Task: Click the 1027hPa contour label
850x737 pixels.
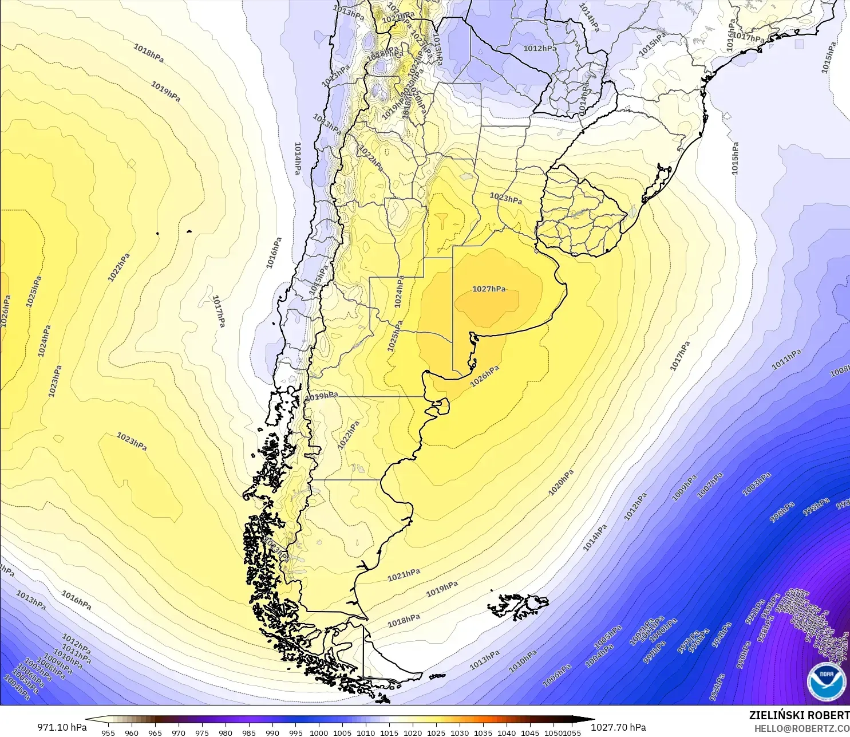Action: (489, 289)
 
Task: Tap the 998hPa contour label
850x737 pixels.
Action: (782, 512)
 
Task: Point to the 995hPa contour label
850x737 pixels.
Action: (816, 506)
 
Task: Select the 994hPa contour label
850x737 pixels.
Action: (722, 635)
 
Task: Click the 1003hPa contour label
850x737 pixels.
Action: (757, 484)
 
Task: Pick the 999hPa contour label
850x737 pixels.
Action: (654, 652)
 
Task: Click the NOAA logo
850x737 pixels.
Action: (826, 681)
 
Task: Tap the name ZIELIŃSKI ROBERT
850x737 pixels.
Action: (799, 716)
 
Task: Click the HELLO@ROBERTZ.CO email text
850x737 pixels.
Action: (801, 728)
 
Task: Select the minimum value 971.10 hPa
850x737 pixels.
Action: (62, 727)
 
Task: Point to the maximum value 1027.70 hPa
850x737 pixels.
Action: (618, 727)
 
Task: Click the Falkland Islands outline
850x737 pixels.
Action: (518, 606)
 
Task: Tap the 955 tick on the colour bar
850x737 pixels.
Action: (108, 733)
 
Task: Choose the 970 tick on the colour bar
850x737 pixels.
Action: (178, 733)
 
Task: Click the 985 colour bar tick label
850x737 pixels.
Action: (248, 733)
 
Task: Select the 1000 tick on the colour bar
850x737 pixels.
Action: (319, 733)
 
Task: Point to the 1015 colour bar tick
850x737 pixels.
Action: (389, 733)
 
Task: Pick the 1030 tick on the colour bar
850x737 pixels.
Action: (460, 733)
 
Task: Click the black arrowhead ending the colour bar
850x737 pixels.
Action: (588, 720)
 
